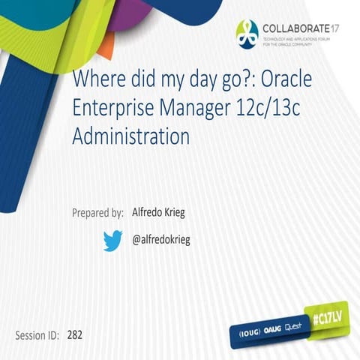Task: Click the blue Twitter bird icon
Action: tap(112, 240)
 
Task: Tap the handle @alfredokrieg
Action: tap(163, 240)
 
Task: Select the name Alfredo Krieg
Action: tap(157, 212)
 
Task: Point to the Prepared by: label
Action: tap(97, 212)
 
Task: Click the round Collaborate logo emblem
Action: tap(247, 31)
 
